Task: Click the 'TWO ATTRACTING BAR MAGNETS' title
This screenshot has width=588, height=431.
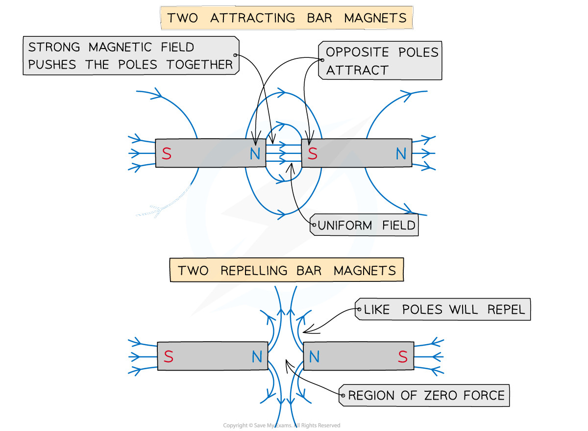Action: click(x=287, y=18)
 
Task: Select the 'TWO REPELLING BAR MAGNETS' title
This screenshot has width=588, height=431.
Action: click(x=286, y=271)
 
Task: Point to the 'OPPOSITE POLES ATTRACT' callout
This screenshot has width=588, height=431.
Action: click(x=381, y=61)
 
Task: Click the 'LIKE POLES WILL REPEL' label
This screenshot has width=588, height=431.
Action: click(x=443, y=310)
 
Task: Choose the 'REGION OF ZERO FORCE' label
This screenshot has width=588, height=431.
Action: click(x=425, y=395)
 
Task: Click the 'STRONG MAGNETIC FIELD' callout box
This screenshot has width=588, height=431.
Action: click(x=130, y=56)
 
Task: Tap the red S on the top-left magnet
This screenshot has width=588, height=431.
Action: click(x=167, y=154)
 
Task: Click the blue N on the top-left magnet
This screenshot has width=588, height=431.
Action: click(x=255, y=154)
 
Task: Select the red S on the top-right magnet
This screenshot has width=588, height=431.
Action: click(x=313, y=154)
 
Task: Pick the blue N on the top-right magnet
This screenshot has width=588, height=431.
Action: click(x=401, y=154)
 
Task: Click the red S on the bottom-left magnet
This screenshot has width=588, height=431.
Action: click(x=169, y=357)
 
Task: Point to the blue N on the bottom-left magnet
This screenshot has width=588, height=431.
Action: click(x=257, y=357)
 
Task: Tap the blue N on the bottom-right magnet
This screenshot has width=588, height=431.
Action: click(x=314, y=357)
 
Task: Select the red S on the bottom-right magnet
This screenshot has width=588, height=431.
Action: click(x=402, y=357)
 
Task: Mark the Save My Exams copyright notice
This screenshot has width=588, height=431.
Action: click(x=281, y=426)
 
